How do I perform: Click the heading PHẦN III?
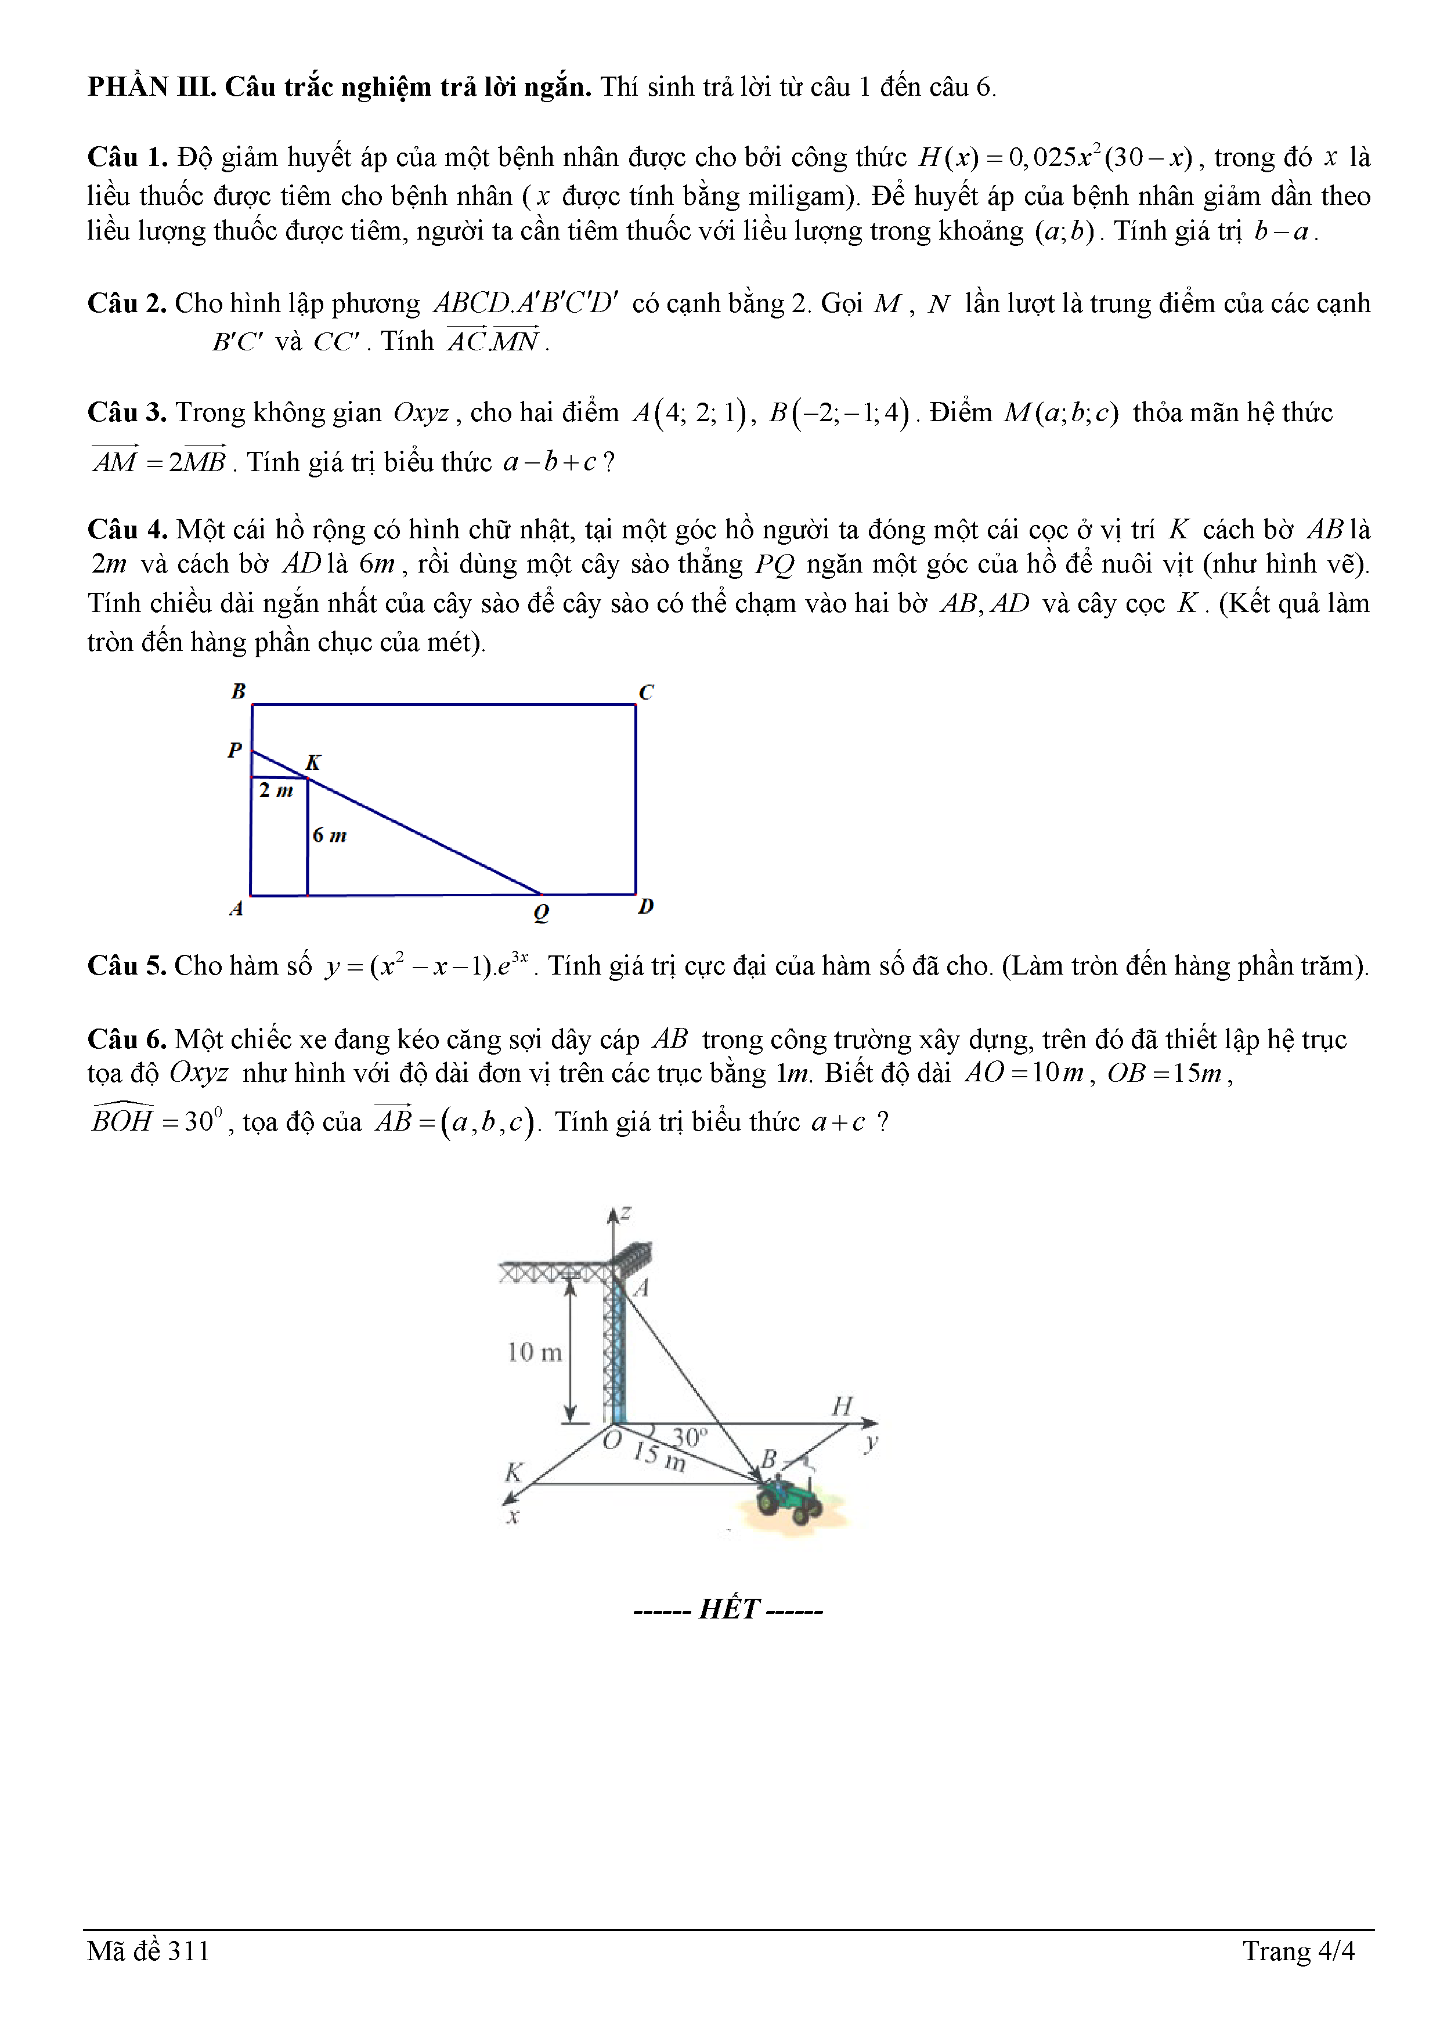[x=151, y=87]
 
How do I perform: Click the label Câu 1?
[x=127, y=157]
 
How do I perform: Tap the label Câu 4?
[x=127, y=529]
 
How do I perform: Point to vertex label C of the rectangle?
[x=647, y=692]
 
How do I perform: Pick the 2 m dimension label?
[x=276, y=790]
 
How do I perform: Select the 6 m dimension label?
[x=329, y=835]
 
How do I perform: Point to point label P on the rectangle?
[x=235, y=750]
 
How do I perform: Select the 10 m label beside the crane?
[x=534, y=1352]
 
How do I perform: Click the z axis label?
[x=626, y=1212]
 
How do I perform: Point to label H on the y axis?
[x=842, y=1406]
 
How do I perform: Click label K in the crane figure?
[x=514, y=1472]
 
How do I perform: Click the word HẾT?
[x=729, y=1609]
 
